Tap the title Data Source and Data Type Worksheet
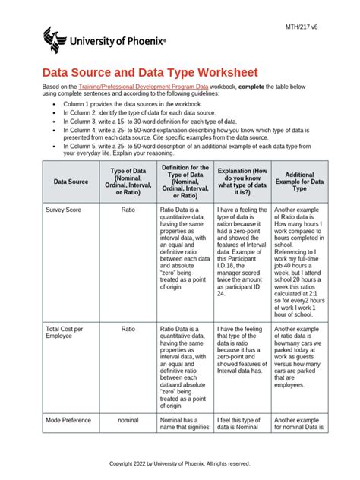coord(150,72)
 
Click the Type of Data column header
coord(128,182)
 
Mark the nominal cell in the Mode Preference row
coord(128,419)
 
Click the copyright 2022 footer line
coord(180,463)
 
